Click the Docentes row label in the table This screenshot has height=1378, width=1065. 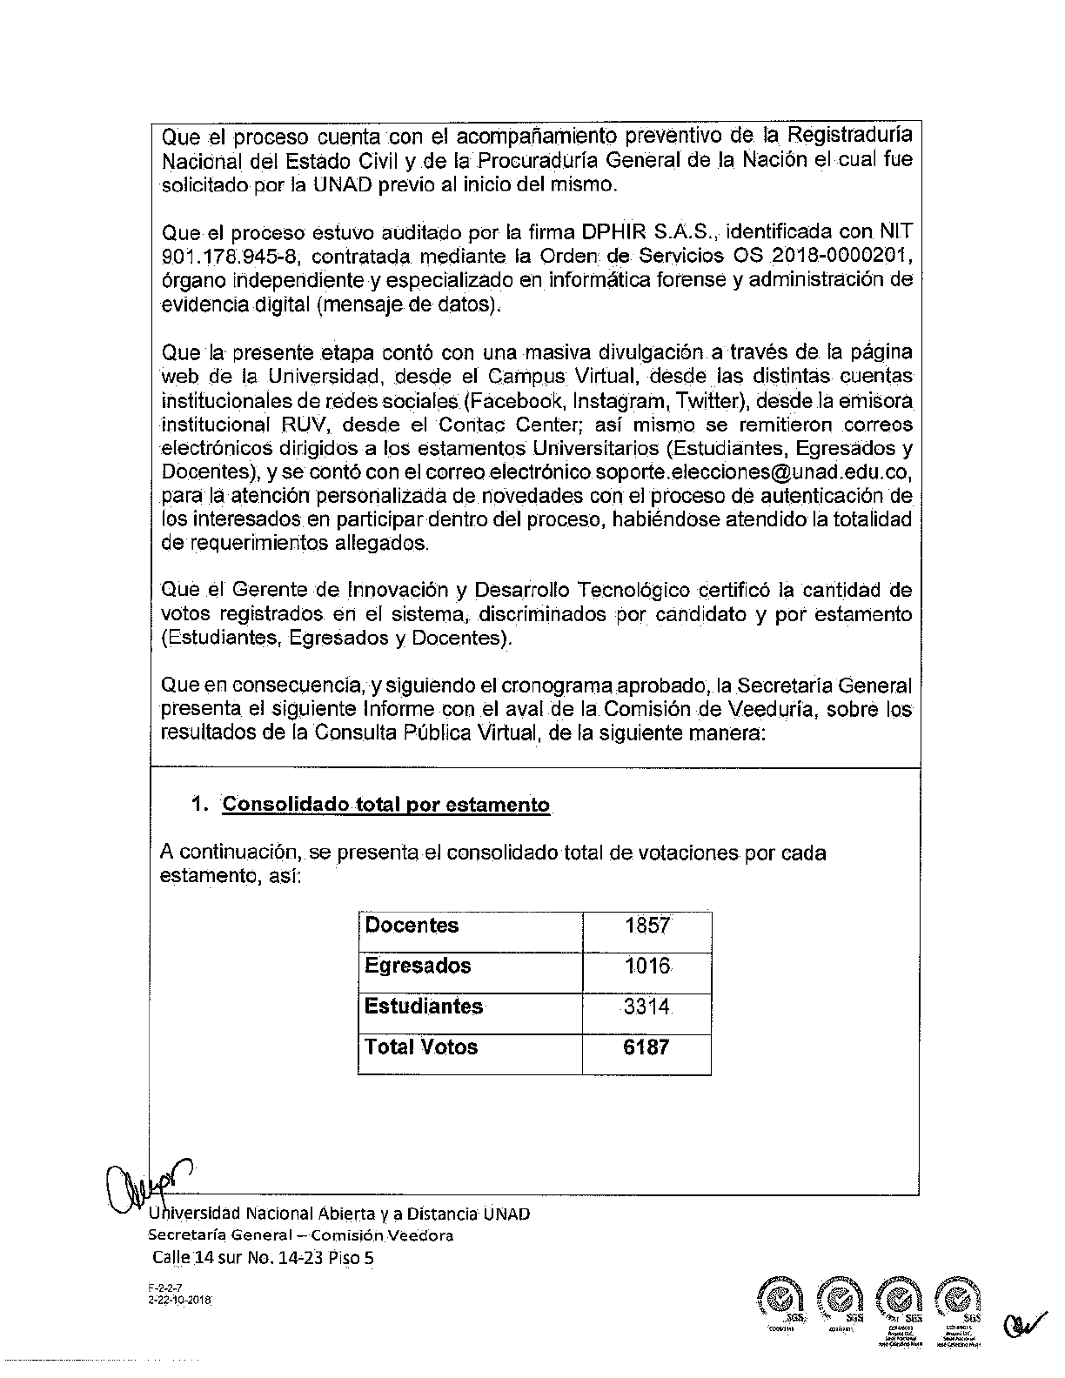pos(412,926)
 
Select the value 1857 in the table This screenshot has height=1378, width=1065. pos(646,926)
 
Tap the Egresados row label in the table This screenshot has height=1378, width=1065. pos(418,967)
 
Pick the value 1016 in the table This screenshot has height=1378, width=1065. pos(646,967)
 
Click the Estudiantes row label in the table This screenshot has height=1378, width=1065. pos(424,1007)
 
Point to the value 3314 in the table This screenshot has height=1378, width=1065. pos(646,1007)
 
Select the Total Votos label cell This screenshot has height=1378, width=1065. pos(421,1047)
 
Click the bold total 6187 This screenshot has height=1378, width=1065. pos(646,1047)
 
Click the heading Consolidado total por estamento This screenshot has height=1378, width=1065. pos(385,805)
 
